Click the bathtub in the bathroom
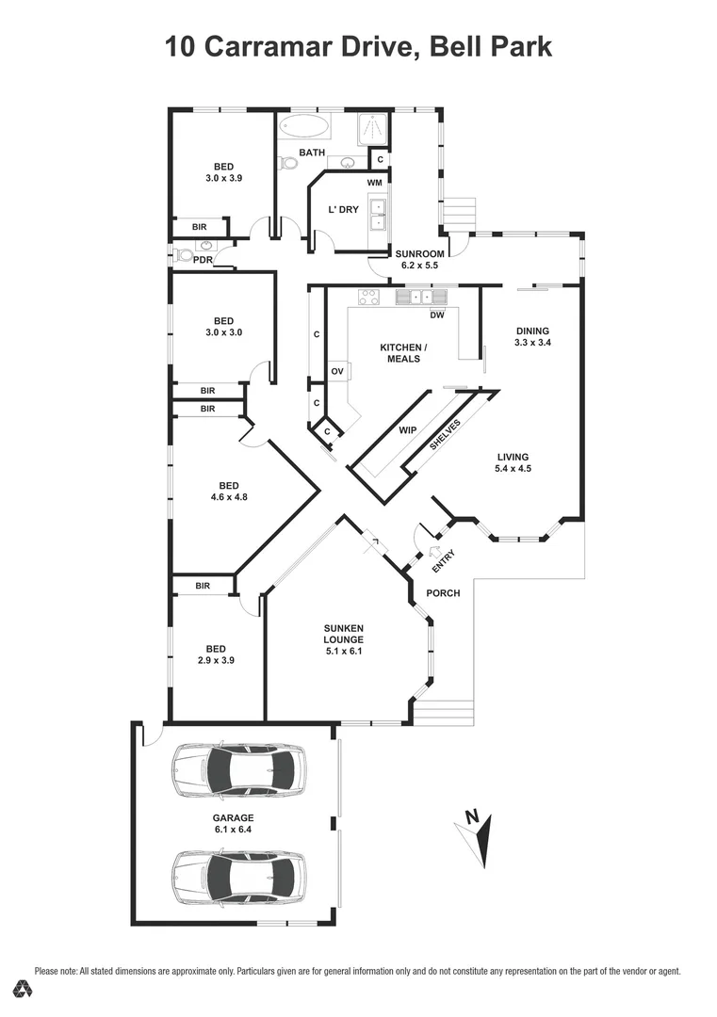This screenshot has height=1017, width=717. (x=303, y=126)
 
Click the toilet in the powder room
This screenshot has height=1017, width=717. (x=182, y=255)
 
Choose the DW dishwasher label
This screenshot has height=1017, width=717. (x=436, y=315)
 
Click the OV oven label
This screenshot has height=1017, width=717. (x=337, y=372)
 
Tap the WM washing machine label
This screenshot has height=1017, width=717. (x=374, y=182)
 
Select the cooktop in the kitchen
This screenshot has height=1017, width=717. (x=367, y=299)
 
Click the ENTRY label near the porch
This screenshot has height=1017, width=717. (x=443, y=561)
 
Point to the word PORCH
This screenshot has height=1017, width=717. (x=444, y=593)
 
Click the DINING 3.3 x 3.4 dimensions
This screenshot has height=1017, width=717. (x=532, y=343)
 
